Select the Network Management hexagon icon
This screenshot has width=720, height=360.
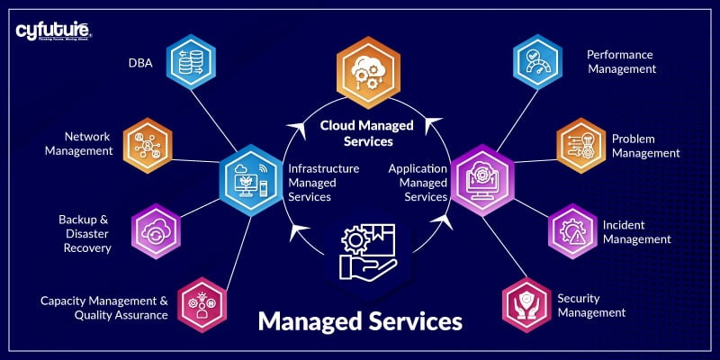[148, 143]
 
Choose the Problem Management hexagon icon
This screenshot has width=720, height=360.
[582, 144]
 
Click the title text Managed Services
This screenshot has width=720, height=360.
[360, 321]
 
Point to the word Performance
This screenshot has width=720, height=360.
[619, 55]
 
